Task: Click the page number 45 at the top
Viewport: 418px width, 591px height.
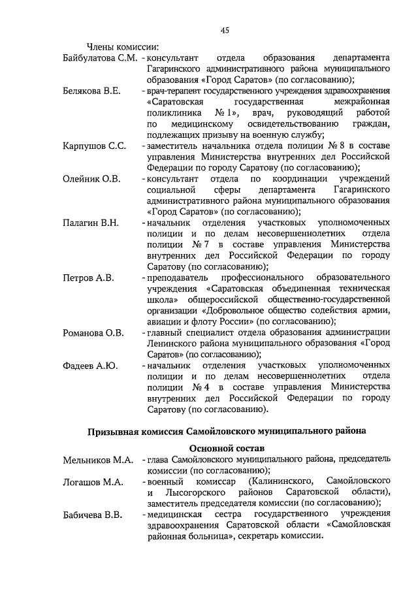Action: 225,29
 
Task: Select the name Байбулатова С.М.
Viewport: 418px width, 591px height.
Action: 100,58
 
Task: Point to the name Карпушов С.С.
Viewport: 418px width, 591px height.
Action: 94,146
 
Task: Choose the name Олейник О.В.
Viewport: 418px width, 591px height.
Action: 91,178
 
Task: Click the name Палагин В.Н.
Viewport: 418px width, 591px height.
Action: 91,223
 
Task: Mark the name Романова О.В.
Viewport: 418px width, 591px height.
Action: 93,333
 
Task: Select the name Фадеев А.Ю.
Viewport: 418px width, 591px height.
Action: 90,365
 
